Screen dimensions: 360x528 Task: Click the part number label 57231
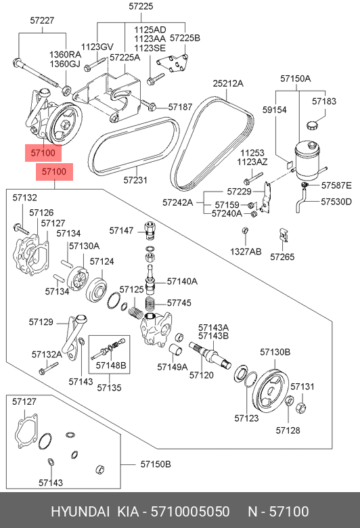point(135,180)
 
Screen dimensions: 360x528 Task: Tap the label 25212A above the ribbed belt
point(228,83)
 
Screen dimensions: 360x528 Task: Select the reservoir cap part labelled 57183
point(312,126)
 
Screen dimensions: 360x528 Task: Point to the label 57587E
point(336,185)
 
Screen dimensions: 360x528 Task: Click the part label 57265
point(282,257)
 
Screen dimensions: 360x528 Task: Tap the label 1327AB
point(246,252)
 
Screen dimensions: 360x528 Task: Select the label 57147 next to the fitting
point(121,231)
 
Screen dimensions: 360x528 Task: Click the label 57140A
point(182,281)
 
